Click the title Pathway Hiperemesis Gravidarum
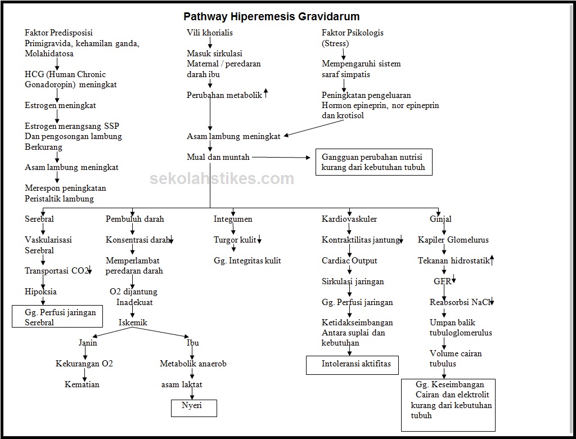coord(272,16)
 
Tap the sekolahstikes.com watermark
coord(222,179)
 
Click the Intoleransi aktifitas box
coord(352,364)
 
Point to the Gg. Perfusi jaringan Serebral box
coord(57,317)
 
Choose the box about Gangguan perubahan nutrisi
coord(373,162)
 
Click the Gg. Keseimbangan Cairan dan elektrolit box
coord(448,405)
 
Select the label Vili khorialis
coord(210,33)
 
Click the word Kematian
coord(82,384)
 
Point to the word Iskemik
coord(133,322)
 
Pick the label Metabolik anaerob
coord(193,364)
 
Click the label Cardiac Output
coord(349,261)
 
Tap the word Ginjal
coord(440,219)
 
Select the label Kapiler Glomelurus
coord(453,240)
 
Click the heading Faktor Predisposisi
coord(58,33)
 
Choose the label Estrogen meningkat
coord(60,105)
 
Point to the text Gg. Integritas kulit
coord(247,261)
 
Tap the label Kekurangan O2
coord(84,364)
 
